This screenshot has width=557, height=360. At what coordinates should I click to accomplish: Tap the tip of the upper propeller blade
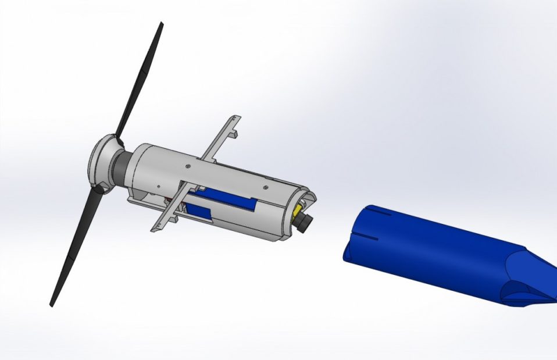coord(161,24)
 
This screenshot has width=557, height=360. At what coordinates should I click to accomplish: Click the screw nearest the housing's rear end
coord(265,186)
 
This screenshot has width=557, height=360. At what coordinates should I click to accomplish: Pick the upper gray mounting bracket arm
coord(221,137)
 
